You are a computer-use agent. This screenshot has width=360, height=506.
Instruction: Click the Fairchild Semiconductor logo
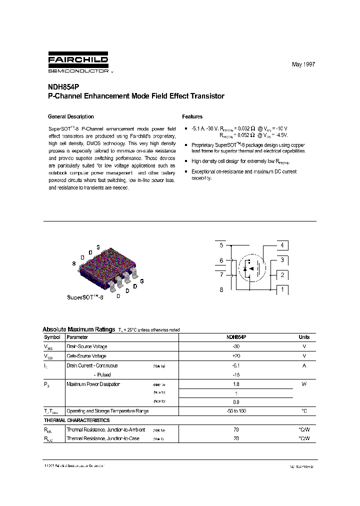pyautogui.click(x=78, y=63)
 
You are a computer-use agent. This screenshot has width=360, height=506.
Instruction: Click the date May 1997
pyautogui.click(x=303, y=65)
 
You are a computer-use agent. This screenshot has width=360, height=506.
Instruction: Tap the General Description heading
pyautogui.click(x=70, y=116)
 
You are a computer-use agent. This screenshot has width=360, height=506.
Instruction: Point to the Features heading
pyautogui.click(x=192, y=116)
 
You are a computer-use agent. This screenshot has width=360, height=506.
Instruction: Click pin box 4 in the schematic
pyautogui.click(x=282, y=245)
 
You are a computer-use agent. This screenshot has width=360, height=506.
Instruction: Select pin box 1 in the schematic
pyautogui.click(x=282, y=289)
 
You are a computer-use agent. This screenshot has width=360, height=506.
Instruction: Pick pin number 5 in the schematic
pyautogui.click(x=221, y=245)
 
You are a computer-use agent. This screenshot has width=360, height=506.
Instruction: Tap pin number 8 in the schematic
pyautogui.click(x=221, y=289)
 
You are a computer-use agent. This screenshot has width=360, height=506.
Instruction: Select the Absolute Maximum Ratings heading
pyautogui.click(x=78, y=329)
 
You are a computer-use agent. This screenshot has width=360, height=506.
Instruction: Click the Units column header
pyautogui.click(x=304, y=337)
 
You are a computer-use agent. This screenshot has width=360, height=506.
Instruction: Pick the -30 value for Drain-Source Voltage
pyautogui.click(x=236, y=346)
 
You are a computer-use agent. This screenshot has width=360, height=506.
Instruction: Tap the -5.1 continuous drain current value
pyautogui.click(x=236, y=365)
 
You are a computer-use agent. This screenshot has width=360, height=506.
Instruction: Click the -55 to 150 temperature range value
pyautogui.click(x=236, y=411)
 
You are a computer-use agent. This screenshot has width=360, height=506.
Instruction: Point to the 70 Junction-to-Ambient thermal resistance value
pyautogui.click(x=236, y=429)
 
